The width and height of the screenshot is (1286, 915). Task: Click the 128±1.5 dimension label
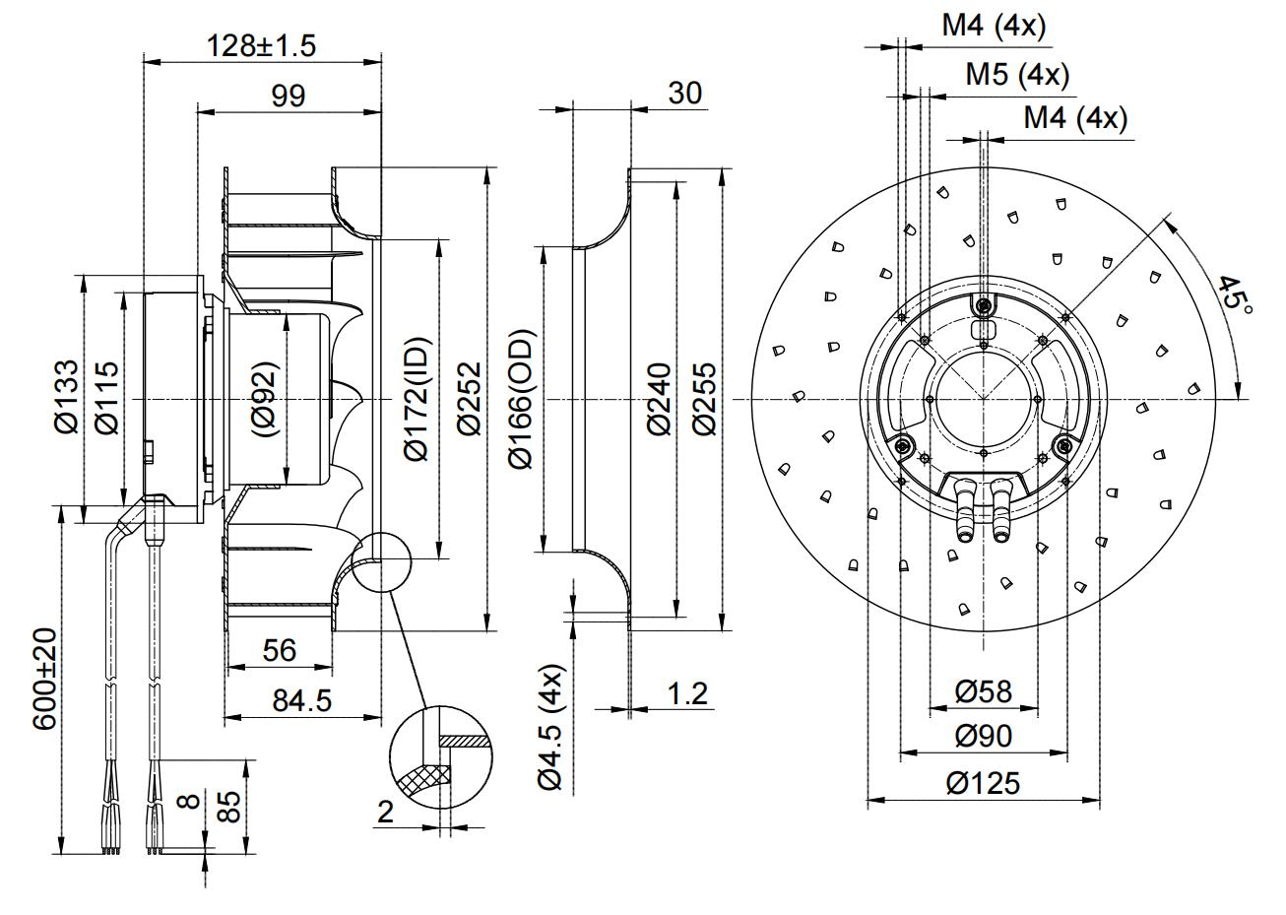click(x=261, y=45)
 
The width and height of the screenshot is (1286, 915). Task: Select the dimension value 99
click(x=285, y=96)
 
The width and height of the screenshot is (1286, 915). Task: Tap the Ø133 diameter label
click(x=67, y=396)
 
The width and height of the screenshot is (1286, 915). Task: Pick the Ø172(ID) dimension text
click(x=417, y=398)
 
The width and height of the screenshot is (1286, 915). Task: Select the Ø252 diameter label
click(x=468, y=398)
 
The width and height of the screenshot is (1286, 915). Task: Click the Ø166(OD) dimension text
click(x=521, y=398)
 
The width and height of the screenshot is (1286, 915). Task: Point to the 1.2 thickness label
click(x=687, y=693)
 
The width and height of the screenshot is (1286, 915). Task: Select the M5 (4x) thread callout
click(x=1016, y=74)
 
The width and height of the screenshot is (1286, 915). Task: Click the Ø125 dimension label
click(x=983, y=784)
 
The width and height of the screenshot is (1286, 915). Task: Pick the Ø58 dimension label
click(x=983, y=690)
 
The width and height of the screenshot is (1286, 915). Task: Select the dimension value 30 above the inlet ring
click(x=684, y=93)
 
